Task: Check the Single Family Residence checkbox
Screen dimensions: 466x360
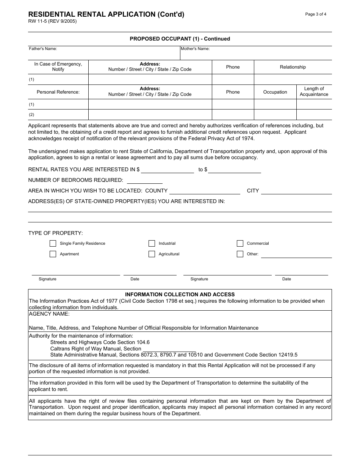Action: [x=53, y=243]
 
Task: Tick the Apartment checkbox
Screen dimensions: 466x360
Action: [x=53, y=254]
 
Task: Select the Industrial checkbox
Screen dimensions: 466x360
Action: [x=152, y=243]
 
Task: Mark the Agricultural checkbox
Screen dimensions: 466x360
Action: [x=152, y=254]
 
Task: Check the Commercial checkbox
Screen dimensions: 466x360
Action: [x=240, y=243]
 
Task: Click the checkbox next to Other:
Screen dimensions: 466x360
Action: [x=240, y=254]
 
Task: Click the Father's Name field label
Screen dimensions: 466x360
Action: [x=43, y=49]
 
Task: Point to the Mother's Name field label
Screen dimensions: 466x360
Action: [x=195, y=49]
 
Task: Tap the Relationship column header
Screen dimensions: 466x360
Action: [x=293, y=67]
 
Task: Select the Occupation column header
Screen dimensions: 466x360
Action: [x=275, y=92]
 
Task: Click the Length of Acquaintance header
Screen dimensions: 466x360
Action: [x=314, y=92]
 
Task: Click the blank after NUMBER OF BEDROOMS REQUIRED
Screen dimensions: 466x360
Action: [x=144, y=181]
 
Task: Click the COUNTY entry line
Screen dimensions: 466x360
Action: [x=205, y=191]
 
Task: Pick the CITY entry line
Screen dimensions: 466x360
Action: [x=296, y=191]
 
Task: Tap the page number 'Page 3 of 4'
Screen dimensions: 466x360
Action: [x=316, y=14]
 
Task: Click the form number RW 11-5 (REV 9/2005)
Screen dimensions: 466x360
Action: [x=52, y=22]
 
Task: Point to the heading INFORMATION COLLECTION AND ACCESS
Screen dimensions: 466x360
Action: [x=180, y=294]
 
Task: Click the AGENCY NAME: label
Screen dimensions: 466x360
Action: [x=49, y=314]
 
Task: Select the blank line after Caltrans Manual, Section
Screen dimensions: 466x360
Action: [x=169, y=349]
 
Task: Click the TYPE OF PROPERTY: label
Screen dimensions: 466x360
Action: [x=55, y=233]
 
